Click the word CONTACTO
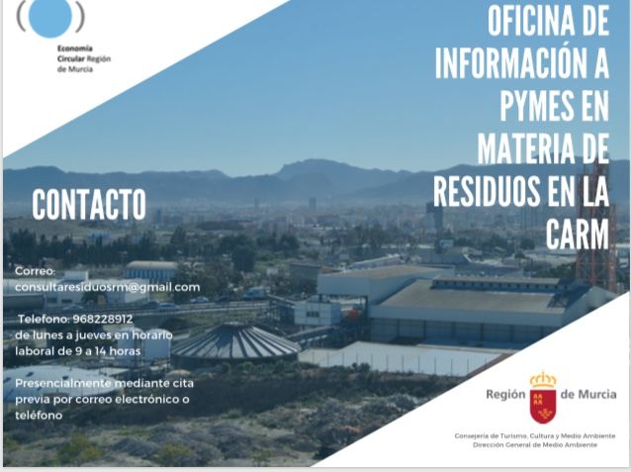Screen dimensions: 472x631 pos(89,205)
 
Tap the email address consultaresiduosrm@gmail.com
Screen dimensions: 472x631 pos(107,287)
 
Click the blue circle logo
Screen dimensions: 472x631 pos(50,16)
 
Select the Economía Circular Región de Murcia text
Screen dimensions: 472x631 pos(84,58)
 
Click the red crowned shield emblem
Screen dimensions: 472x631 pos(542,396)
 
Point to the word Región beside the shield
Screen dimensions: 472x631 pos(505,394)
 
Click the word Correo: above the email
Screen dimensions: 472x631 pos(36,270)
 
